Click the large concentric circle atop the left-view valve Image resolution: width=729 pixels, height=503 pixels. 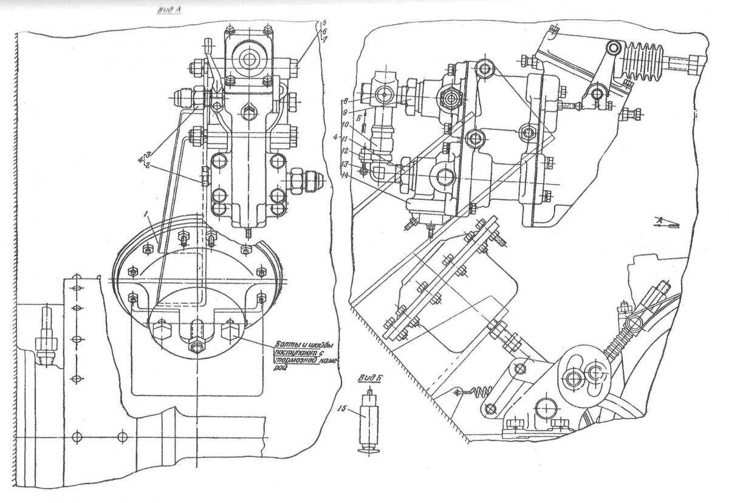[x=249, y=59]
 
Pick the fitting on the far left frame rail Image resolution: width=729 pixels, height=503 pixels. [x=44, y=337]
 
